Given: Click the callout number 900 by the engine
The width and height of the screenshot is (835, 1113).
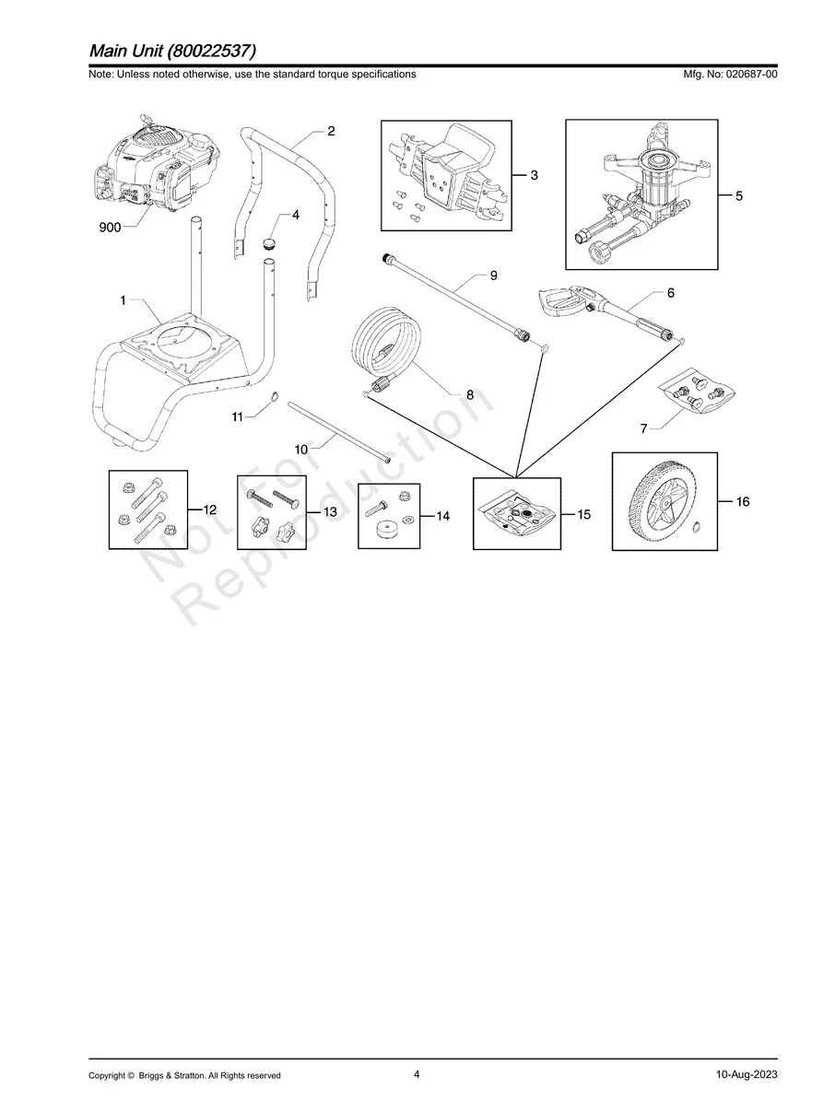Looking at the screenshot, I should (110, 228).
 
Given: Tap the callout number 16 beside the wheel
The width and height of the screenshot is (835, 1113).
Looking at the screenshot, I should (744, 501).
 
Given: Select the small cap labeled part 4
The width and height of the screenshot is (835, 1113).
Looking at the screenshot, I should (270, 242).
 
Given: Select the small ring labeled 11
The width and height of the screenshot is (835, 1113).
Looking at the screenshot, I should (274, 398).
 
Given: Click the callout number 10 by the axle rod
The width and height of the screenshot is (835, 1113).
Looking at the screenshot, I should (301, 449).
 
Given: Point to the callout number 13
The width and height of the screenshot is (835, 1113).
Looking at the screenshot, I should (330, 510).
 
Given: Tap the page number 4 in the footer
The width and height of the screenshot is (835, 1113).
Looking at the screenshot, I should (417, 1074).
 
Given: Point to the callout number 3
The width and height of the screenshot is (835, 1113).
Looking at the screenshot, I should (535, 176).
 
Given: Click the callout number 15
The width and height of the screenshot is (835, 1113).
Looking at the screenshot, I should (583, 515).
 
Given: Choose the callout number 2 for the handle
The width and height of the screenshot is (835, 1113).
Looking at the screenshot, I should (330, 132).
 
